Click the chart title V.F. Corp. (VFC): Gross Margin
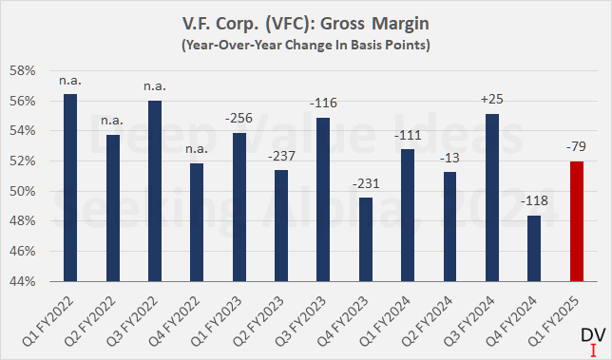point(305,25)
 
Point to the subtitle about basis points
point(305,45)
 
